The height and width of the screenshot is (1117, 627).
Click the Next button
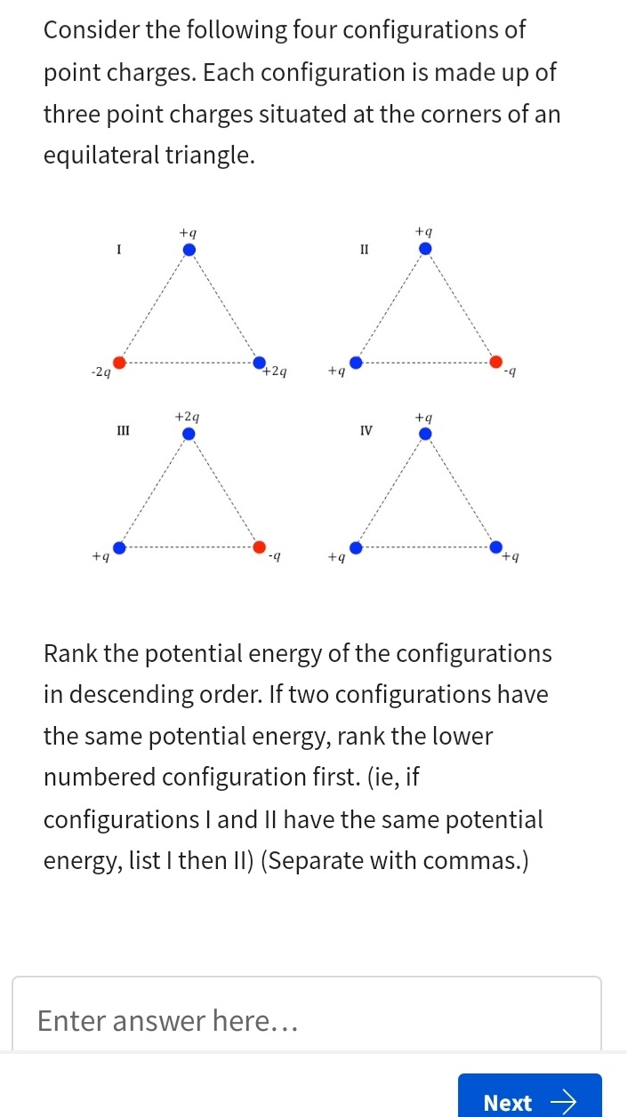tap(529, 1102)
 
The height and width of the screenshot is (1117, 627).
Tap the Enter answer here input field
tap(306, 1020)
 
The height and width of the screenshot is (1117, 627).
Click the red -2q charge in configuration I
tap(118, 363)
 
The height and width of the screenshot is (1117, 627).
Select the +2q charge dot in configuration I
tap(259, 363)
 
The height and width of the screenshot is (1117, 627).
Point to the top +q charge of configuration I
tap(189, 249)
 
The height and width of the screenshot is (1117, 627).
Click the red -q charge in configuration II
tap(496, 363)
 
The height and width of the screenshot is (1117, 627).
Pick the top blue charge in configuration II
tap(425, 249)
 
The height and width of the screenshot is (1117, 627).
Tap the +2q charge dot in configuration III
tap(189, 434)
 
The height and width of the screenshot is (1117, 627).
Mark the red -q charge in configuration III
tap(259, 547)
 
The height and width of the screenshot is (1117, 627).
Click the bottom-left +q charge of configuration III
tap(118, 547)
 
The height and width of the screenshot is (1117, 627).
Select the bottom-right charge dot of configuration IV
tap(496, 547)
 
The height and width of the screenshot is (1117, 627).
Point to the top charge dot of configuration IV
tap(425, 434)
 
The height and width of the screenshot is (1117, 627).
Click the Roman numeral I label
tap(118, 250)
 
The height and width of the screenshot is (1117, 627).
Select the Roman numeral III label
tap(124, 431)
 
